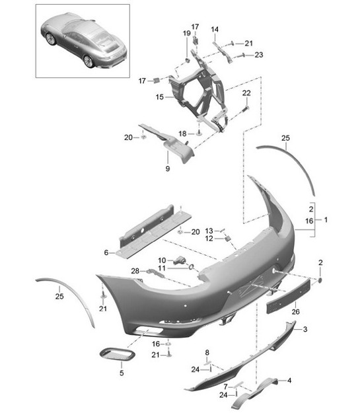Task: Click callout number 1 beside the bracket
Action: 325,219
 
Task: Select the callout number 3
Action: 305,328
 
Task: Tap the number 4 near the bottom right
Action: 289,380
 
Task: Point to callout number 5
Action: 122,373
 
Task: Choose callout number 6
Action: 105,252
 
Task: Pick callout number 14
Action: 215,29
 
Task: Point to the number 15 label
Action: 159,97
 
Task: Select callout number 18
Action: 182,133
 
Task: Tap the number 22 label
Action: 246,93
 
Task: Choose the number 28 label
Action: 135,271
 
